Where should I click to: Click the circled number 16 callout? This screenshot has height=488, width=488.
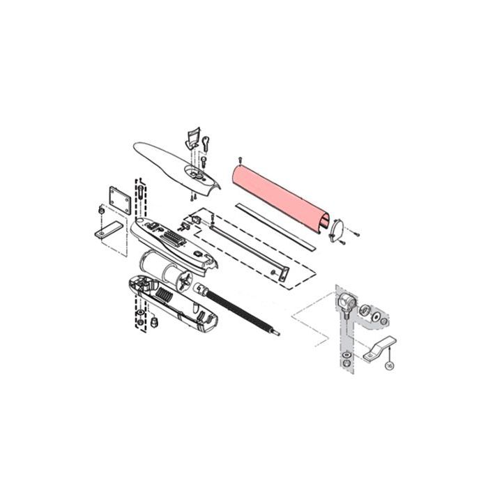click(x=389, y=366)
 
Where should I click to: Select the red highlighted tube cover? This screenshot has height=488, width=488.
click(x=280, y=199)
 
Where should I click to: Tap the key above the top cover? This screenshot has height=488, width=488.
click(x=206, y=144)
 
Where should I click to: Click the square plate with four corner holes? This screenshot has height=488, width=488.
click(x=120, y=200)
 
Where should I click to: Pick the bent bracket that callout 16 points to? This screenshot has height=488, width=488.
click(x=380, y=349)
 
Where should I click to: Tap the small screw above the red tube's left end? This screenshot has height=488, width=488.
click(x=240, y=160)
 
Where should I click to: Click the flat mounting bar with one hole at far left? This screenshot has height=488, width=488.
click(x=108, y=230)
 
